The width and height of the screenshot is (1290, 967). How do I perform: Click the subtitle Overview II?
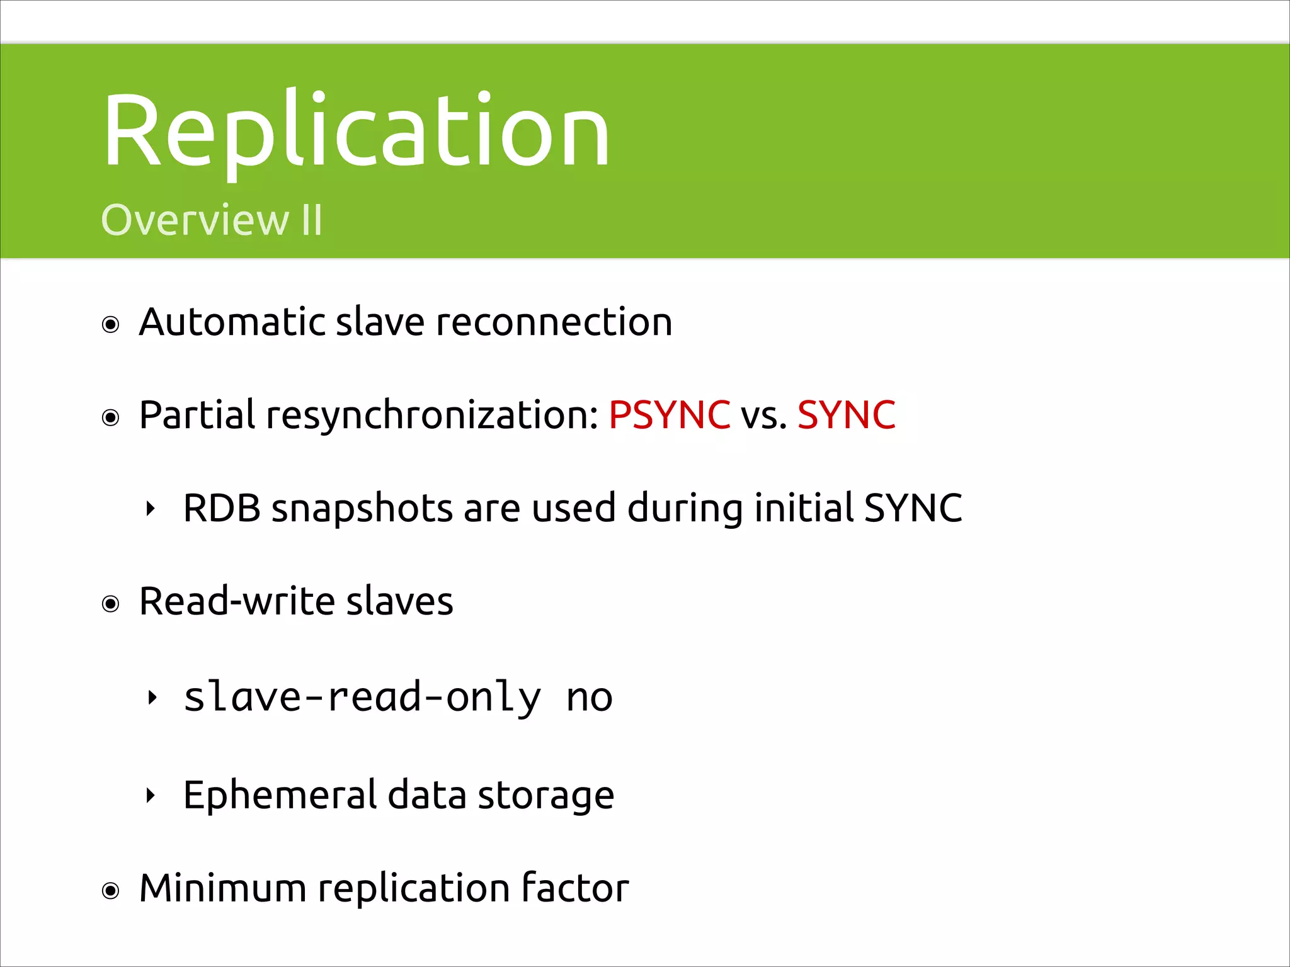point(212,220)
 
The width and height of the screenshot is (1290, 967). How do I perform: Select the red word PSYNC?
point(669,415)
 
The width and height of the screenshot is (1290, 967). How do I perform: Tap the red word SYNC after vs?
point(846,415)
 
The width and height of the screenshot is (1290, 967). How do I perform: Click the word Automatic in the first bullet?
point(231,322)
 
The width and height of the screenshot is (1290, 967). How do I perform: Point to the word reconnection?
point(554,322)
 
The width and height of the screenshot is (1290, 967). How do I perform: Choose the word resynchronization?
point(432,416)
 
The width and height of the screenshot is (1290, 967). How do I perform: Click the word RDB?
point(222,508)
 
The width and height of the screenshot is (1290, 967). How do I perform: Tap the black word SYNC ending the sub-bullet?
point(913,508)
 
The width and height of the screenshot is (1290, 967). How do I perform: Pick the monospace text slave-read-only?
point(362,698)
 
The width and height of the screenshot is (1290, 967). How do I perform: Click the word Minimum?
point(222,888)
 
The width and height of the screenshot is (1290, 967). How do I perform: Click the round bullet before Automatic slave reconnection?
point(111,325)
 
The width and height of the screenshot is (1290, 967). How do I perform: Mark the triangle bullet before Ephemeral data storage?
point(150,796)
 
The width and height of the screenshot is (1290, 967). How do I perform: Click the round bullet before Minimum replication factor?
point(111,891)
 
